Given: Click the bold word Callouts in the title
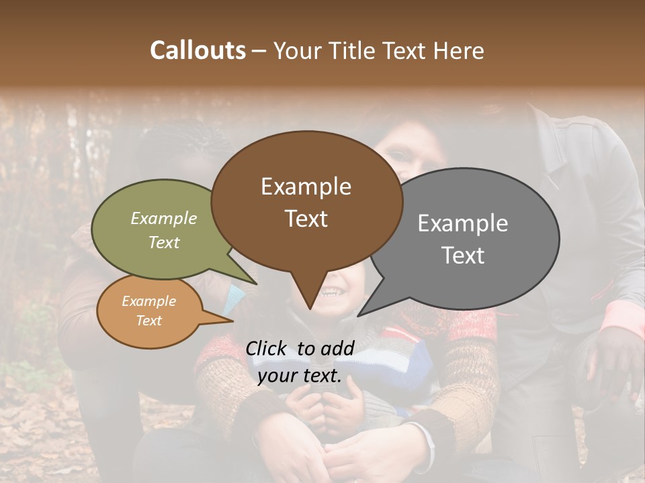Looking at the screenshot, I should pos(198,50).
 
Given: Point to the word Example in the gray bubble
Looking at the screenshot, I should pos(463,223).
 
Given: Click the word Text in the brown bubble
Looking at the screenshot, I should pos(306,219).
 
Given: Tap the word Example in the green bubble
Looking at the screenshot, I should pos(164,218).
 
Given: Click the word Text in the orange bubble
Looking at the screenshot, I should pos(149,321).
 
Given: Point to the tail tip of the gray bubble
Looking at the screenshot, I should pos(359,315).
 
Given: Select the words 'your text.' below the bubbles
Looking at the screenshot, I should pos(300,376).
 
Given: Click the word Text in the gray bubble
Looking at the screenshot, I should pos(464,256).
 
